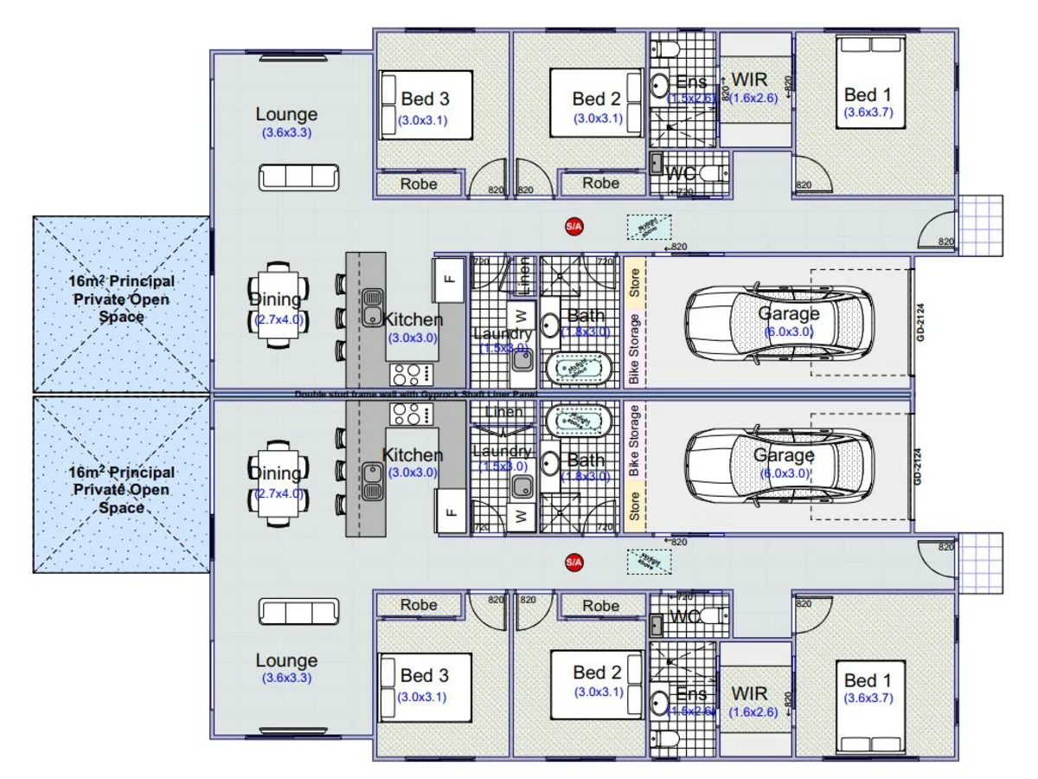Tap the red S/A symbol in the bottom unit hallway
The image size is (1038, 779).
pos(573,563)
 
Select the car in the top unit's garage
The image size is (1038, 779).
pos(778,322)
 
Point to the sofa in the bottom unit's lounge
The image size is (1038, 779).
pos(299,611)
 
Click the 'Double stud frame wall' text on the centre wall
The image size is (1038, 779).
pos(415,394)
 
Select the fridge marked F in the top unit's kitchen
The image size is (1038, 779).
pos(448,279)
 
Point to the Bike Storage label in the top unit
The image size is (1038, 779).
pos(634,348)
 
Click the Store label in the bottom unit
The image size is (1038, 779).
pos(634,507)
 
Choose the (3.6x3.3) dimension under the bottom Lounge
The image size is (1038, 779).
pos(286,679)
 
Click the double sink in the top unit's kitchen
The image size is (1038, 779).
pos(373,306)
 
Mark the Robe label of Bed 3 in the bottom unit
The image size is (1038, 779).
pos(419,606)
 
